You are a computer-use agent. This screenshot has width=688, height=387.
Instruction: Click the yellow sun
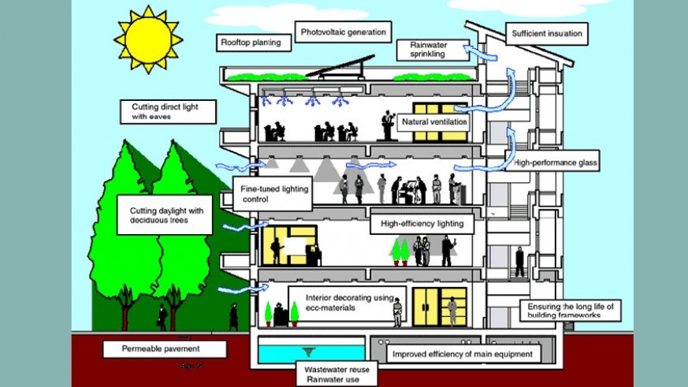(147, 40)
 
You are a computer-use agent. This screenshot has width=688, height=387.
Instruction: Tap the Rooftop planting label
(251, 42)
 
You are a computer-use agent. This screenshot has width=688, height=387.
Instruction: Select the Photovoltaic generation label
(344, 33)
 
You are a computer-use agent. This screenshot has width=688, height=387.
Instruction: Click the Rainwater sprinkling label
(428, 50)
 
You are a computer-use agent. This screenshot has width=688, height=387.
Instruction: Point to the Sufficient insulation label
(547, 34)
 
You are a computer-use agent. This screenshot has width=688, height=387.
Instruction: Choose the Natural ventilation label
(435, 122)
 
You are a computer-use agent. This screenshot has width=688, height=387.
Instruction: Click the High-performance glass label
(555, 164)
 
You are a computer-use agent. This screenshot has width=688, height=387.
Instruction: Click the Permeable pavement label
(165, 348)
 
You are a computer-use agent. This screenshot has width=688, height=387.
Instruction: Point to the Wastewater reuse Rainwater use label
(331, 374)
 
